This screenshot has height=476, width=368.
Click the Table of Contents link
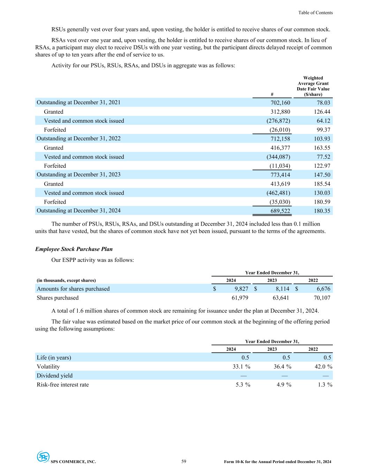(315, 13)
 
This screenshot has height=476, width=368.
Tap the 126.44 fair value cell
(321, 112)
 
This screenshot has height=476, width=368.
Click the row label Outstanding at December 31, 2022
(78, 138)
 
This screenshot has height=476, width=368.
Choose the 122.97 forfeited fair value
(321, 166)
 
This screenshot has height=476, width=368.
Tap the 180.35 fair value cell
(321, 211)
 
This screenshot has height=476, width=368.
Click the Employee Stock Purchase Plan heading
(74, 249)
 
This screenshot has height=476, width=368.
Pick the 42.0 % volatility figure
(323, 367)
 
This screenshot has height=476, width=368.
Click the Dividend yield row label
(55, 376)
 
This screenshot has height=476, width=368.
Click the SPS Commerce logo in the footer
(44, 457)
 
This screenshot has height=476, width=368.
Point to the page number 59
(184, 461)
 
